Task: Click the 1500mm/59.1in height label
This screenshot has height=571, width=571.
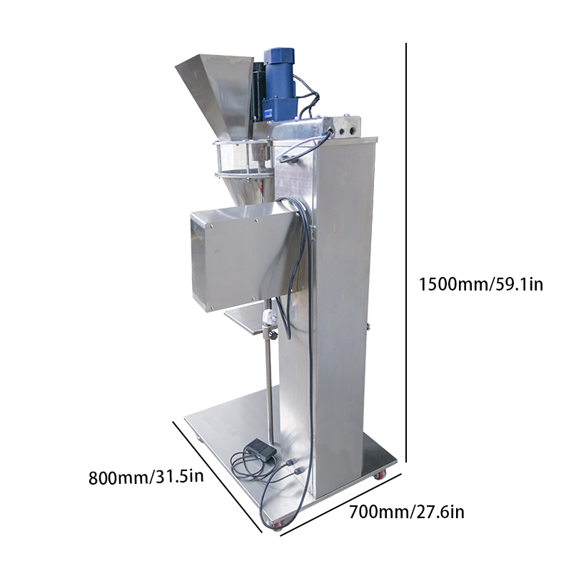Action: click(480, 284)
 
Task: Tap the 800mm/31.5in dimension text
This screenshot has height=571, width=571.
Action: click(146, 477)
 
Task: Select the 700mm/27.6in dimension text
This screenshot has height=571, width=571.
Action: click(407, 512)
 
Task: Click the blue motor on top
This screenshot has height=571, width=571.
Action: click(280, 86)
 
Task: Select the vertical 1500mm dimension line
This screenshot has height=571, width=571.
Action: click(405, 253)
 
